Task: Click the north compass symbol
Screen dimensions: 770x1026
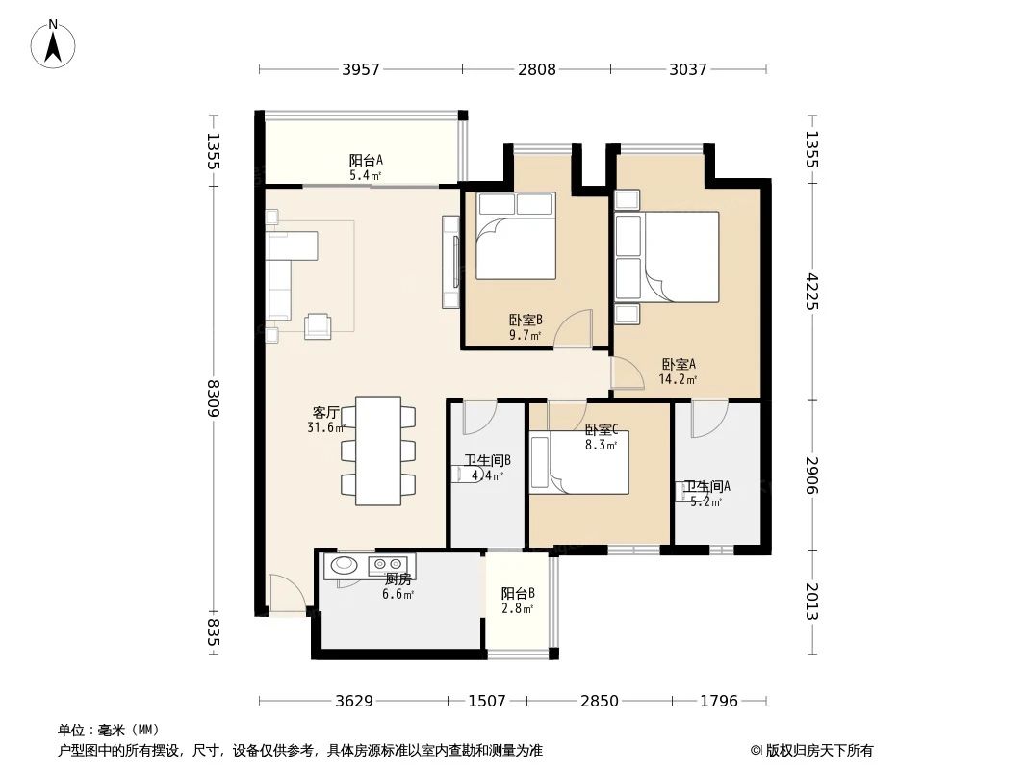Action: point(54,42)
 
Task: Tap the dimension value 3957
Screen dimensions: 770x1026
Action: point(360,69)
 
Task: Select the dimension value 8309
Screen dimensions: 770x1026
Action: point(214,398)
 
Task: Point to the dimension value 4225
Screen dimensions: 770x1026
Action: point(810,291)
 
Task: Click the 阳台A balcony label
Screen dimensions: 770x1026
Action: point(365,167)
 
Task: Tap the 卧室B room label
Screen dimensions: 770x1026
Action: point(526,327)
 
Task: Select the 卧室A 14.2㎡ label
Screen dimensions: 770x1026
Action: point(678,372)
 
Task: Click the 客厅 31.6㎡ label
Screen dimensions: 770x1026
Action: point(325,420)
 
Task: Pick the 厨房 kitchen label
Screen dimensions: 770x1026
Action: point(398,586)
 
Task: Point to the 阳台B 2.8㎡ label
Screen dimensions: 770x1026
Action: point(517,601)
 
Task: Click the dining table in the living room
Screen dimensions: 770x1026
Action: point(377,450)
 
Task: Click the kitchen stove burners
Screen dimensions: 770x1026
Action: point(389,564)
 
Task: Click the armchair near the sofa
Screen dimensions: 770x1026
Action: point(317,326)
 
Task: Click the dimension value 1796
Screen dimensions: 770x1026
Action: point(718,701)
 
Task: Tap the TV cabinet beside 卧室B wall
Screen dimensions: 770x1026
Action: point(450,262)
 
